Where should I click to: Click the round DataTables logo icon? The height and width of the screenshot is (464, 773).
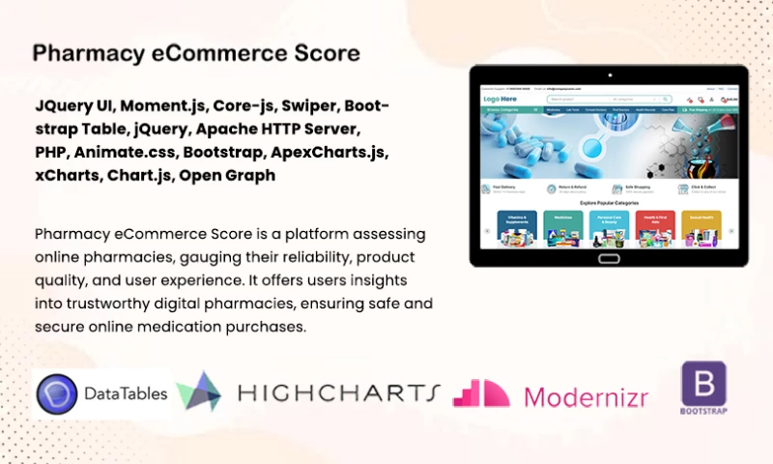(x=57, y=393)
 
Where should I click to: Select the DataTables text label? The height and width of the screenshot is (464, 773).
(x=125, y=393)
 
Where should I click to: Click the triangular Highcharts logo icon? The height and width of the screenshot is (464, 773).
(x=200, y=391)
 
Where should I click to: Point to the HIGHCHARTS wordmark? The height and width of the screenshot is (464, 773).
(x=338, y=392)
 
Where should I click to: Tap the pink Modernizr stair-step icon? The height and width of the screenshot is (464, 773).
(x=481, y=392)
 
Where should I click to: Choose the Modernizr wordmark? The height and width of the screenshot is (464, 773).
(x=586, y=395)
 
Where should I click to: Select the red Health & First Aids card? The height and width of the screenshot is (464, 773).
(x=654, y=226)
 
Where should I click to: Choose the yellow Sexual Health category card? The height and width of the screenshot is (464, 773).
(x=701, y=226)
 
